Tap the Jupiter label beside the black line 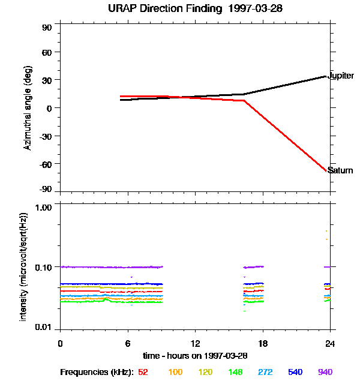tap(341, 76)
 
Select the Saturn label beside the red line tap(340, 171)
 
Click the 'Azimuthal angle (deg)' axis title tap(28, 108)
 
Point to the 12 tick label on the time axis tap(195, 343)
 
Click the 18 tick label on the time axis tap(263, 343)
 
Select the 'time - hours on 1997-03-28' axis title tap(195, 356)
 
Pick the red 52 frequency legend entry tap(143, 373)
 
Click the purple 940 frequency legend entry tap(325, 373)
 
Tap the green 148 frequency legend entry tap(235, 373)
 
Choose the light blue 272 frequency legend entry tap(265, 373)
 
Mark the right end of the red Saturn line tap(326, 170)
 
